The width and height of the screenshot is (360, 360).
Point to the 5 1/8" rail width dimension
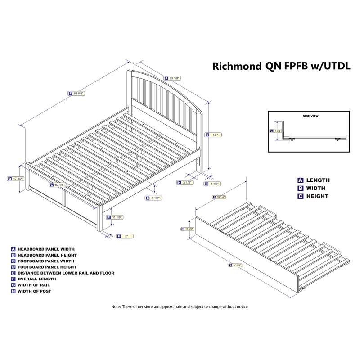tap(156, 198)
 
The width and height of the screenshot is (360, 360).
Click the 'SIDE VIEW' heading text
tap(310, 116)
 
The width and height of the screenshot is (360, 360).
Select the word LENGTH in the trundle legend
tap(318, 180)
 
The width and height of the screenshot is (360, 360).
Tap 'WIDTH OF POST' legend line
tap(34, 291)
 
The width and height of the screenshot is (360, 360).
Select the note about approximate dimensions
tap(180, 306)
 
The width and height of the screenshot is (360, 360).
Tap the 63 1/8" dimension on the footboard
tap(60, 184)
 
